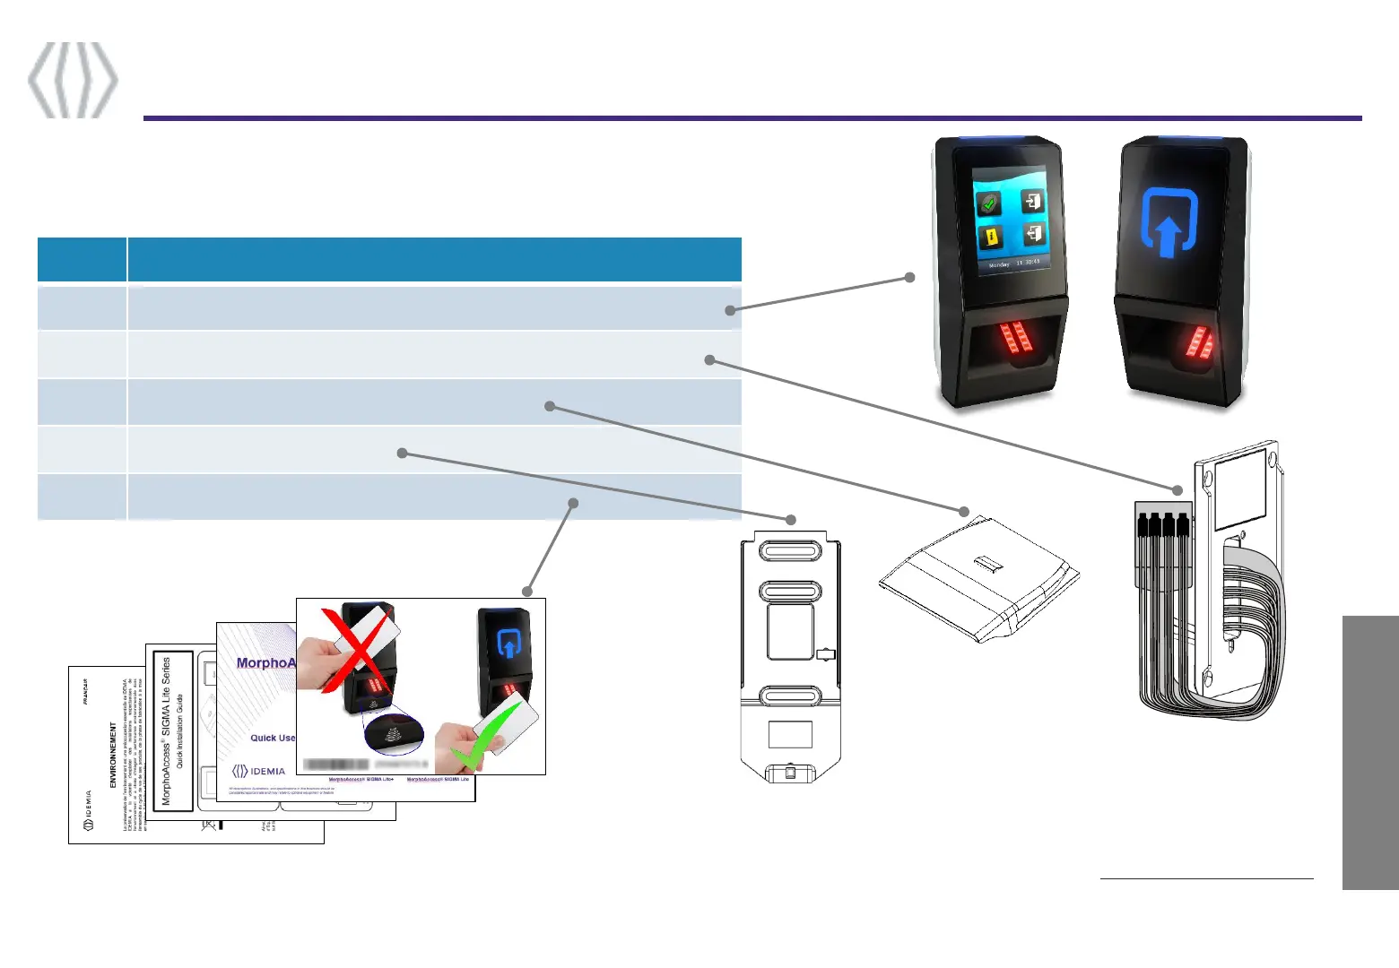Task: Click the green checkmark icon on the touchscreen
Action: (x=989, y=203)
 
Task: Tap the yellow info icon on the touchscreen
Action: (x=990, y=238)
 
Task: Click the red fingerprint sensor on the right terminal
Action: (x=1199, y=345)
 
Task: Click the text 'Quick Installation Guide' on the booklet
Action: (x=180, y=730)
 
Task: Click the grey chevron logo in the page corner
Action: (x=73, y=79)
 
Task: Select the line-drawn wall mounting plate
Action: (x=789, y=659)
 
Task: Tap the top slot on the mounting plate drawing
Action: (x=789, y=548)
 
